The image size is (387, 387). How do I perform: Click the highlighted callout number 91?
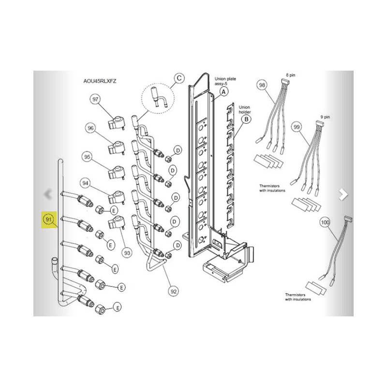[x=48, y=219]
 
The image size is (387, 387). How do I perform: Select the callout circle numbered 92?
[x=174, y=291]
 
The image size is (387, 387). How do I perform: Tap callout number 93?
[x=127, y=253]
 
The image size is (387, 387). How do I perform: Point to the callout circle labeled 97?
[x=95, y=99]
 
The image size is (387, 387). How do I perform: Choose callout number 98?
[x=262, y=85]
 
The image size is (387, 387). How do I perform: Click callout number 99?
[x=297, y=127]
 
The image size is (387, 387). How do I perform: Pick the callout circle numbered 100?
[x=325, y=223]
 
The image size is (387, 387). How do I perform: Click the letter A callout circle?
[x=223, y=92]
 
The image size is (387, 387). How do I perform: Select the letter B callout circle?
[x=246, y=119]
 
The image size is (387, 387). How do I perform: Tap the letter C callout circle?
[x=179, y=78]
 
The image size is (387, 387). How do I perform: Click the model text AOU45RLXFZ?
[x=100, y=81]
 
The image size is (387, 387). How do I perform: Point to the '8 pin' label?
[x=291, y=75]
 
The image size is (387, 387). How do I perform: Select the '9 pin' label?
[x=325, y=117]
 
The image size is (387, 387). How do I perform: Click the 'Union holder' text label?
[x=245, y=110]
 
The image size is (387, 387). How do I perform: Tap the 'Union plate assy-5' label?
[x=225, y=81]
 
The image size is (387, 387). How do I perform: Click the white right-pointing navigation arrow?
[x=343, y=194]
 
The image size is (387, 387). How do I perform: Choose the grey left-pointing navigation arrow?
[x=48, y=194]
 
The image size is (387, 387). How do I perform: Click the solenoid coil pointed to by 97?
[x=116, y=123]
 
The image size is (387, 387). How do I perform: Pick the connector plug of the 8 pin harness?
[x=285, y=81]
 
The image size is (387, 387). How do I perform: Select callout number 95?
[x=87, y=157]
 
